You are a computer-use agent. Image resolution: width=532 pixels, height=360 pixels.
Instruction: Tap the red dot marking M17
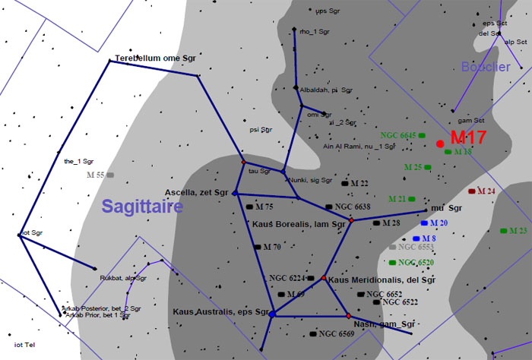(440, 144)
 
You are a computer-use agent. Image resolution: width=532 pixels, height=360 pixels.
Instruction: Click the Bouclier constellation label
(485, 68)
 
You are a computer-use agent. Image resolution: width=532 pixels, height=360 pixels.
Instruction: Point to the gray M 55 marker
(110, 175)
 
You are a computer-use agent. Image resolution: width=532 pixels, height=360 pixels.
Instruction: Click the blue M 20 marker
(425, 223)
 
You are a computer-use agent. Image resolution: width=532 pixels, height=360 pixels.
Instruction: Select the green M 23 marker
(504, 230)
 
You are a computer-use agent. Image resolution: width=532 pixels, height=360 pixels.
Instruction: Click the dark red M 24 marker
(472, 191)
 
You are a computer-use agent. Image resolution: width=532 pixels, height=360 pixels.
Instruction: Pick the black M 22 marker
(344, 184)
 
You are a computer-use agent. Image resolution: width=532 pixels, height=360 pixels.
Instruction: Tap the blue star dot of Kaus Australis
(272, 313)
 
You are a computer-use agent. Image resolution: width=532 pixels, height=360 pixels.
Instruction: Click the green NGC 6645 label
(398, 134)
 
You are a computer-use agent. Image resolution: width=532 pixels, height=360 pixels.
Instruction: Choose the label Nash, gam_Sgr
(384, 323)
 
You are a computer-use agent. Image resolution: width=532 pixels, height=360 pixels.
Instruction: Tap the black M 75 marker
(250, 207)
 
